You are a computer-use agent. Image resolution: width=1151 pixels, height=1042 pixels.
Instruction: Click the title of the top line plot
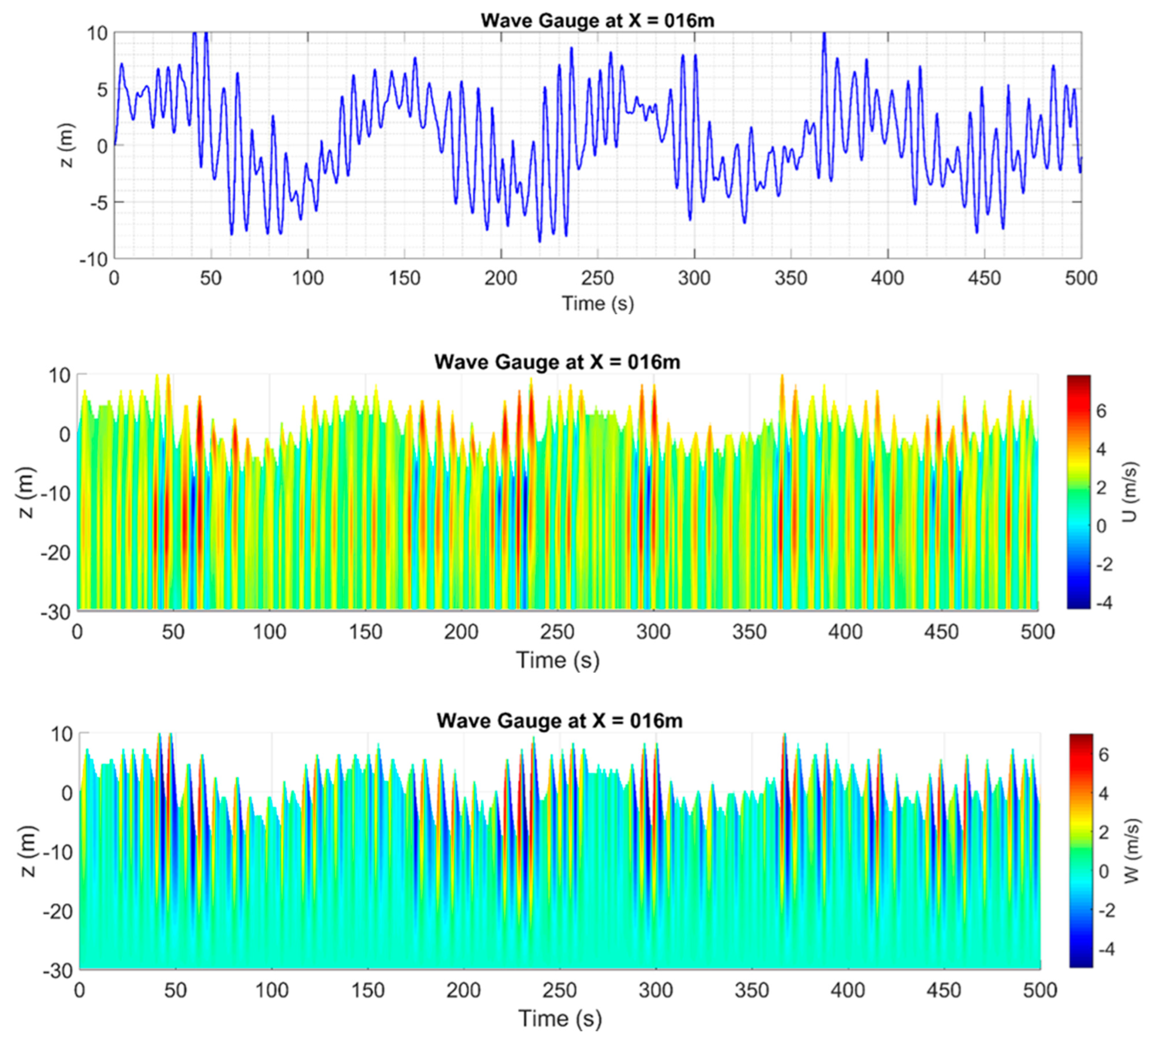[597, 21]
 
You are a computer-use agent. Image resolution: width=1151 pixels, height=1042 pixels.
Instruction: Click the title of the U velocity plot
[557, 362]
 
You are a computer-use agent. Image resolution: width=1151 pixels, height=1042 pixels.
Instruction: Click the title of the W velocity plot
[560, 721]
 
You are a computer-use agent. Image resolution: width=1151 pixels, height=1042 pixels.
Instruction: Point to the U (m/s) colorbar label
[1129, 492]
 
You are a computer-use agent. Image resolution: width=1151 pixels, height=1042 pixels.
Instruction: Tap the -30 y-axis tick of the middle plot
[56, 612]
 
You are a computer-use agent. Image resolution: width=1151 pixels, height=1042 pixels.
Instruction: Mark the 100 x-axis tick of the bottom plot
[272, 990]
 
